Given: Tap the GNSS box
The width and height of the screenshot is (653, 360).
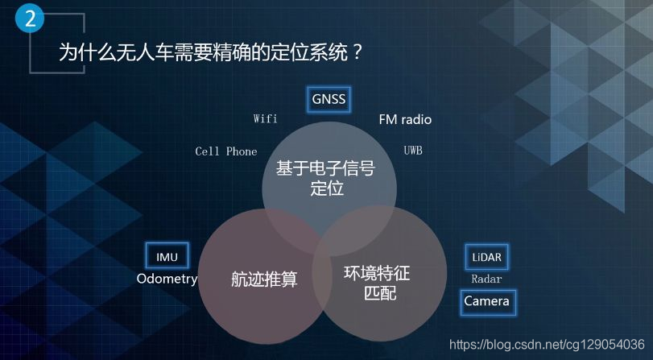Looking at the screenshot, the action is pyautogui.click(x=329, y=100).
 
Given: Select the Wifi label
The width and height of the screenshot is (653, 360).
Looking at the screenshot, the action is pyautogui.click(x=265, y=119).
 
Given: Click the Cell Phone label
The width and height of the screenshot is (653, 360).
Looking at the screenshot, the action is pyautogui.click(x=226, y=151).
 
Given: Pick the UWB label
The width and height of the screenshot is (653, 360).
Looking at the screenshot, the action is pyautogui.click(x=413, y=151).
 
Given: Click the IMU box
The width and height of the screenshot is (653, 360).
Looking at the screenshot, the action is pyautogui.click(x=167, y=257).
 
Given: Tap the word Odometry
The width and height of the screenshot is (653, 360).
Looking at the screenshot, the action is pyautogui.click(x=167, y=279).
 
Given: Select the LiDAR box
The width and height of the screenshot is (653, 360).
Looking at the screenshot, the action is pyautogui.click(x=487, y=258).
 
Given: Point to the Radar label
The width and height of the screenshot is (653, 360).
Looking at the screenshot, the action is pyautogui.click(x=486, y=279).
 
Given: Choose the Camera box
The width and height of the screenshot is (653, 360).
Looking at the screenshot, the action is pyautogui.click(x=487, y=301).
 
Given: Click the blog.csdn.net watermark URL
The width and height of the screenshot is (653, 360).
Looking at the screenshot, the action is pyautogui.click(x=546, y=344).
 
